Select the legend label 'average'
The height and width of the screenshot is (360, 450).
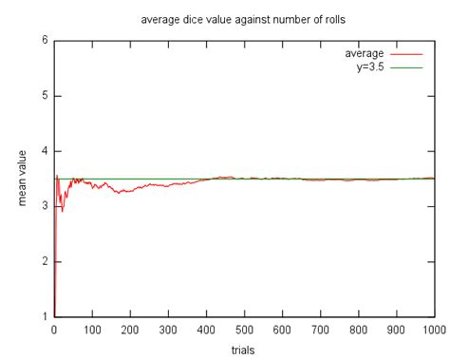364,53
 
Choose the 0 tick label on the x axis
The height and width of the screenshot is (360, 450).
54,330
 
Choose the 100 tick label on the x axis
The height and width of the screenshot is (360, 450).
92,330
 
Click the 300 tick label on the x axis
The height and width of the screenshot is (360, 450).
168,330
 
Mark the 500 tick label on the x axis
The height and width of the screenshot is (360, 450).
244,330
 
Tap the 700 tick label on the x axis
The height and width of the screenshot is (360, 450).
320,330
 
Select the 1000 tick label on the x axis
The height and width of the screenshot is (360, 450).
433,330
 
